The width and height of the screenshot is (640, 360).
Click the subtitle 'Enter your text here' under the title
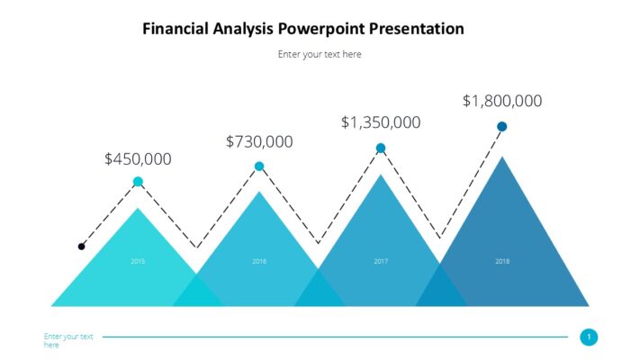[320, 54]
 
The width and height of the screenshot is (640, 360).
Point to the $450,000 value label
[138, 159]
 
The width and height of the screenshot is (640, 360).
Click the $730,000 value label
[259, 141]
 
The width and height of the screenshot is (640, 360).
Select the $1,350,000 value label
[381, 122]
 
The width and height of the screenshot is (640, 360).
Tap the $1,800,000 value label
[502, 101]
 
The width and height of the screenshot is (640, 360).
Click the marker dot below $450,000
[138, 182]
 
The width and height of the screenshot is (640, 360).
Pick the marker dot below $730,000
[259, 166]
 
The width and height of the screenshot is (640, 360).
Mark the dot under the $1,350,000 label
[381, 148]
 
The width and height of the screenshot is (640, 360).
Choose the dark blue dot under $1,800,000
[502, 127]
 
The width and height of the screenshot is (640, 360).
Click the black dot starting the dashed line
[82, 246]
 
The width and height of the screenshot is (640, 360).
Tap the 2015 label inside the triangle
[138, 261]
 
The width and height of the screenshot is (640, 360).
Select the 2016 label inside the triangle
[259, 261]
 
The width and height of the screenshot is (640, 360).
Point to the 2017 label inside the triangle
[381, 261]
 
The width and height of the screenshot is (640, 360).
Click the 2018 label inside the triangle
[502, 261]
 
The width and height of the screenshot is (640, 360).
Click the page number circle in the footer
[590, 337]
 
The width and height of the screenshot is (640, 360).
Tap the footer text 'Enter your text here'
[68, 340]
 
